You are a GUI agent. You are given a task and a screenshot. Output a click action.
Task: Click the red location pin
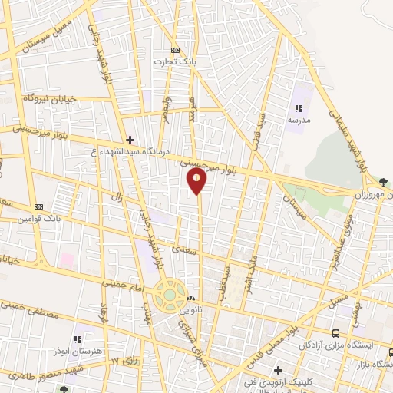coord(197,180)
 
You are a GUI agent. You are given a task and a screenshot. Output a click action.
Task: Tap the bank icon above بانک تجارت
coord(176,48)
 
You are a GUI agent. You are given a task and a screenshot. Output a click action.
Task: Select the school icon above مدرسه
coord(299,109)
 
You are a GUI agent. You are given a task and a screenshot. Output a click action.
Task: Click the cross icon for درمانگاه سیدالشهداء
coord(130,140)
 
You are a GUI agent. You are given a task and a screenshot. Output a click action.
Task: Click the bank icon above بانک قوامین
coord(38,206)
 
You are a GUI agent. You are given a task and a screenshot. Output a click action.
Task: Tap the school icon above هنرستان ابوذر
coord(77,339)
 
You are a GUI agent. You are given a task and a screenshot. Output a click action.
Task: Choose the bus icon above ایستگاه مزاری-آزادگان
coord(335,333)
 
